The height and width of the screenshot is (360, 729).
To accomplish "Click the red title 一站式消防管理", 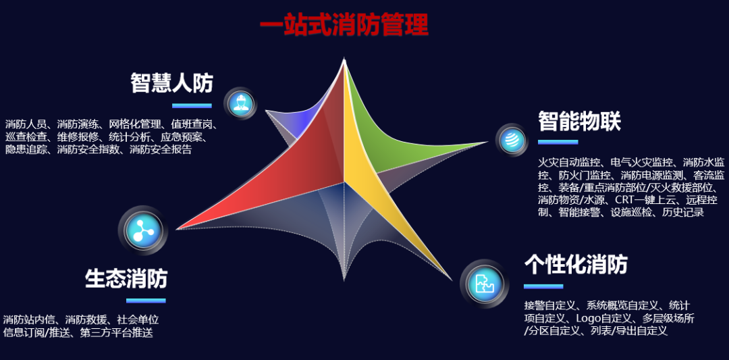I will [344, 26].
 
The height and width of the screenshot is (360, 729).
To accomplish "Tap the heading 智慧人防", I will [171, 83].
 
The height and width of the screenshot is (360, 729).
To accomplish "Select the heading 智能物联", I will [579, 122].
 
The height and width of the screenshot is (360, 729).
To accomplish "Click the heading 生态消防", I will [126, 278].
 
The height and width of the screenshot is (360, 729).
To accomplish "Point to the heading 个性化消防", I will [576, 264].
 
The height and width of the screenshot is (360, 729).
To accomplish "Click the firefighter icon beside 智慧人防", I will [240, 103].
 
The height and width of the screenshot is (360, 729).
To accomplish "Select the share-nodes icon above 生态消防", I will [141, 230].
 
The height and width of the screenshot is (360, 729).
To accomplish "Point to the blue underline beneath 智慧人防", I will [192, 105].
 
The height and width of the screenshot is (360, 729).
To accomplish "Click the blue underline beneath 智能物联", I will [558, 142].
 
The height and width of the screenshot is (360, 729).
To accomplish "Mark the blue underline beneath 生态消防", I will [146, 301].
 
